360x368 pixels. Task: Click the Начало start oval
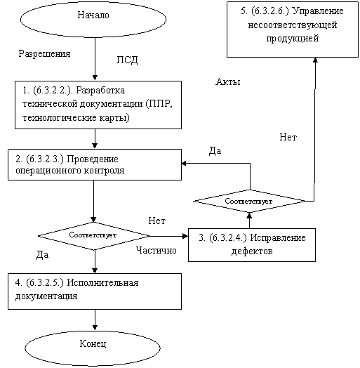tap(93, 20)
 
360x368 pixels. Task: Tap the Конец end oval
tap(93, 348)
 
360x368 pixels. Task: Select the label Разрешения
tap(44, 54)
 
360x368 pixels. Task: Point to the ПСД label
tap(127, 60)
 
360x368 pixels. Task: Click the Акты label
tap(228, 81)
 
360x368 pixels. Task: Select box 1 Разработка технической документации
tap(98, 105)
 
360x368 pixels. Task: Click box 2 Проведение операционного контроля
tap(95, 165)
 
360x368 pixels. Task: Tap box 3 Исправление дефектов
tap(252, 245)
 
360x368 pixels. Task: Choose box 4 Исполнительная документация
tap(95, 291)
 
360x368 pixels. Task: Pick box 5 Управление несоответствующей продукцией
tap(293, 29)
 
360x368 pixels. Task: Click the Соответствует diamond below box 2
tap(93, 236)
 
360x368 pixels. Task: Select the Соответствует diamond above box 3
tap(249, 201)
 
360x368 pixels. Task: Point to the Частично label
tap(156, 251)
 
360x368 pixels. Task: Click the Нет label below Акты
tap(288, 137)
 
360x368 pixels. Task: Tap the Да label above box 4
tap(42, 255)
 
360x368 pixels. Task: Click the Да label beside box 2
tap(215, 151)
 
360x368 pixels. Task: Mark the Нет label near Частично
tap(157, 221)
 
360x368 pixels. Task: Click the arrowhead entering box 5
tap(316, 60)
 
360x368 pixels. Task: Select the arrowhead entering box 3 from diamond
tap(185, 236)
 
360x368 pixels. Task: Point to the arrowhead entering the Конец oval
tap(95, 327)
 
